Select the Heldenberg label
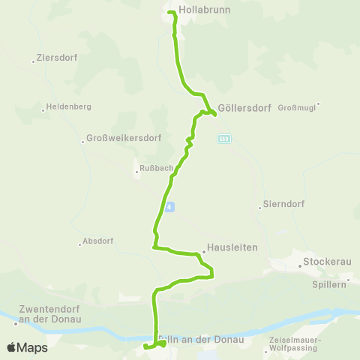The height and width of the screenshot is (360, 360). (x=70, y=106)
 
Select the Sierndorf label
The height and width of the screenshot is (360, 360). (x=279, y=205)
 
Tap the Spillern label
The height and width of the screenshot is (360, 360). (x=328, y=285)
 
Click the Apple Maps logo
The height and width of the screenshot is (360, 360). (x=28, y=347)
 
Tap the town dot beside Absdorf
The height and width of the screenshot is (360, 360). (x=79, y=243)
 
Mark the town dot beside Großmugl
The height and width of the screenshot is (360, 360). (x=318, y=104)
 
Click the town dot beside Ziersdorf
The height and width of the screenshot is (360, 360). (x=34, y=62)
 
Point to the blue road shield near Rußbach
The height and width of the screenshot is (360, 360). (x=171, y=206)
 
